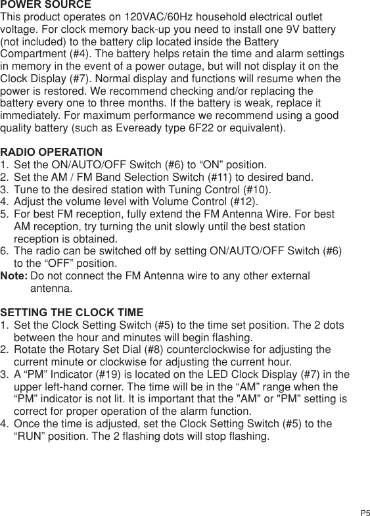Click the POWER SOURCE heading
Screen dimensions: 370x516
click(46, 5)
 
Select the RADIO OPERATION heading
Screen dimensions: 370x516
click(52, 152)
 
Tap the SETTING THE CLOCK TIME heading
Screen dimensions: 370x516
click(72, 312)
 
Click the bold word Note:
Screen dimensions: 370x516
click(14, 276)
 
